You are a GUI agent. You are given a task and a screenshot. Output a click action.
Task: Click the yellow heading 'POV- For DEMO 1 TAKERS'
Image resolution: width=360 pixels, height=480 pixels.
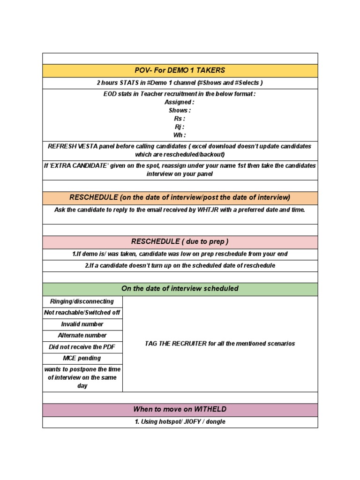(180, 70)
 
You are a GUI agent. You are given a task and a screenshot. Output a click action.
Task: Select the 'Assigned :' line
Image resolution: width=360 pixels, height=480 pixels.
(179, 102)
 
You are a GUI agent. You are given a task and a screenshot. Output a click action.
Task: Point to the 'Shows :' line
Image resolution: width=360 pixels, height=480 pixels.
(180, 111)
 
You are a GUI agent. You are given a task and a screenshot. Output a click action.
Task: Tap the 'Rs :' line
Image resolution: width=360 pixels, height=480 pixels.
(180, 119)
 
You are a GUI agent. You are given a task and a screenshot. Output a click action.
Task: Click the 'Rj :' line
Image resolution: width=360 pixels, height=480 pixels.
(180, 127)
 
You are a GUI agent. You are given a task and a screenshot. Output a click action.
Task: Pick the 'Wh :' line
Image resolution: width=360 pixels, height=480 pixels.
(180, 135)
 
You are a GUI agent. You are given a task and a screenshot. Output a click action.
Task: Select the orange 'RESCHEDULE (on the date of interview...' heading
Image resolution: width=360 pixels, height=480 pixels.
(180, 197)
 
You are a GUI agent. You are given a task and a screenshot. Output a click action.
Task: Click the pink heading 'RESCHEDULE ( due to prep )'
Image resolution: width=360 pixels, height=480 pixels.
(180, 242)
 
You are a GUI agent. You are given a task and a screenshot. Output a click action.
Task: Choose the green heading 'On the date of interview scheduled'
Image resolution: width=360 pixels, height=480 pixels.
(180, 289)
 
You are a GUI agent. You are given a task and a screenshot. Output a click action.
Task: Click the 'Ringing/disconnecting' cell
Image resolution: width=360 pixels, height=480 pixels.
(82, 301)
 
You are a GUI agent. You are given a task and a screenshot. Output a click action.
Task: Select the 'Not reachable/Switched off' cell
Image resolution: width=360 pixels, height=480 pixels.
(82, 313)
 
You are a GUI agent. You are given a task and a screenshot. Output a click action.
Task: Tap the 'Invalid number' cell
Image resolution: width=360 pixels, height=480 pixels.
(82, 324)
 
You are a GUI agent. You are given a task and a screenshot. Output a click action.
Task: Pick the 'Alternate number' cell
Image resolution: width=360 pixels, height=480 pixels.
(82, 336)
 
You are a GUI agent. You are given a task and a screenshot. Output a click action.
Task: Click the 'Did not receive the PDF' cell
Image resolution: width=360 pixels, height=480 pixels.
(82, 347)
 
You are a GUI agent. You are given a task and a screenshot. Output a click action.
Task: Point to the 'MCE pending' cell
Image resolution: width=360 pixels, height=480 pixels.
(82, 358)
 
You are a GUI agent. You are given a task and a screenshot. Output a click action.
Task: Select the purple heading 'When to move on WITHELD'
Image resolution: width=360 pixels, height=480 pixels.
(180, 410)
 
